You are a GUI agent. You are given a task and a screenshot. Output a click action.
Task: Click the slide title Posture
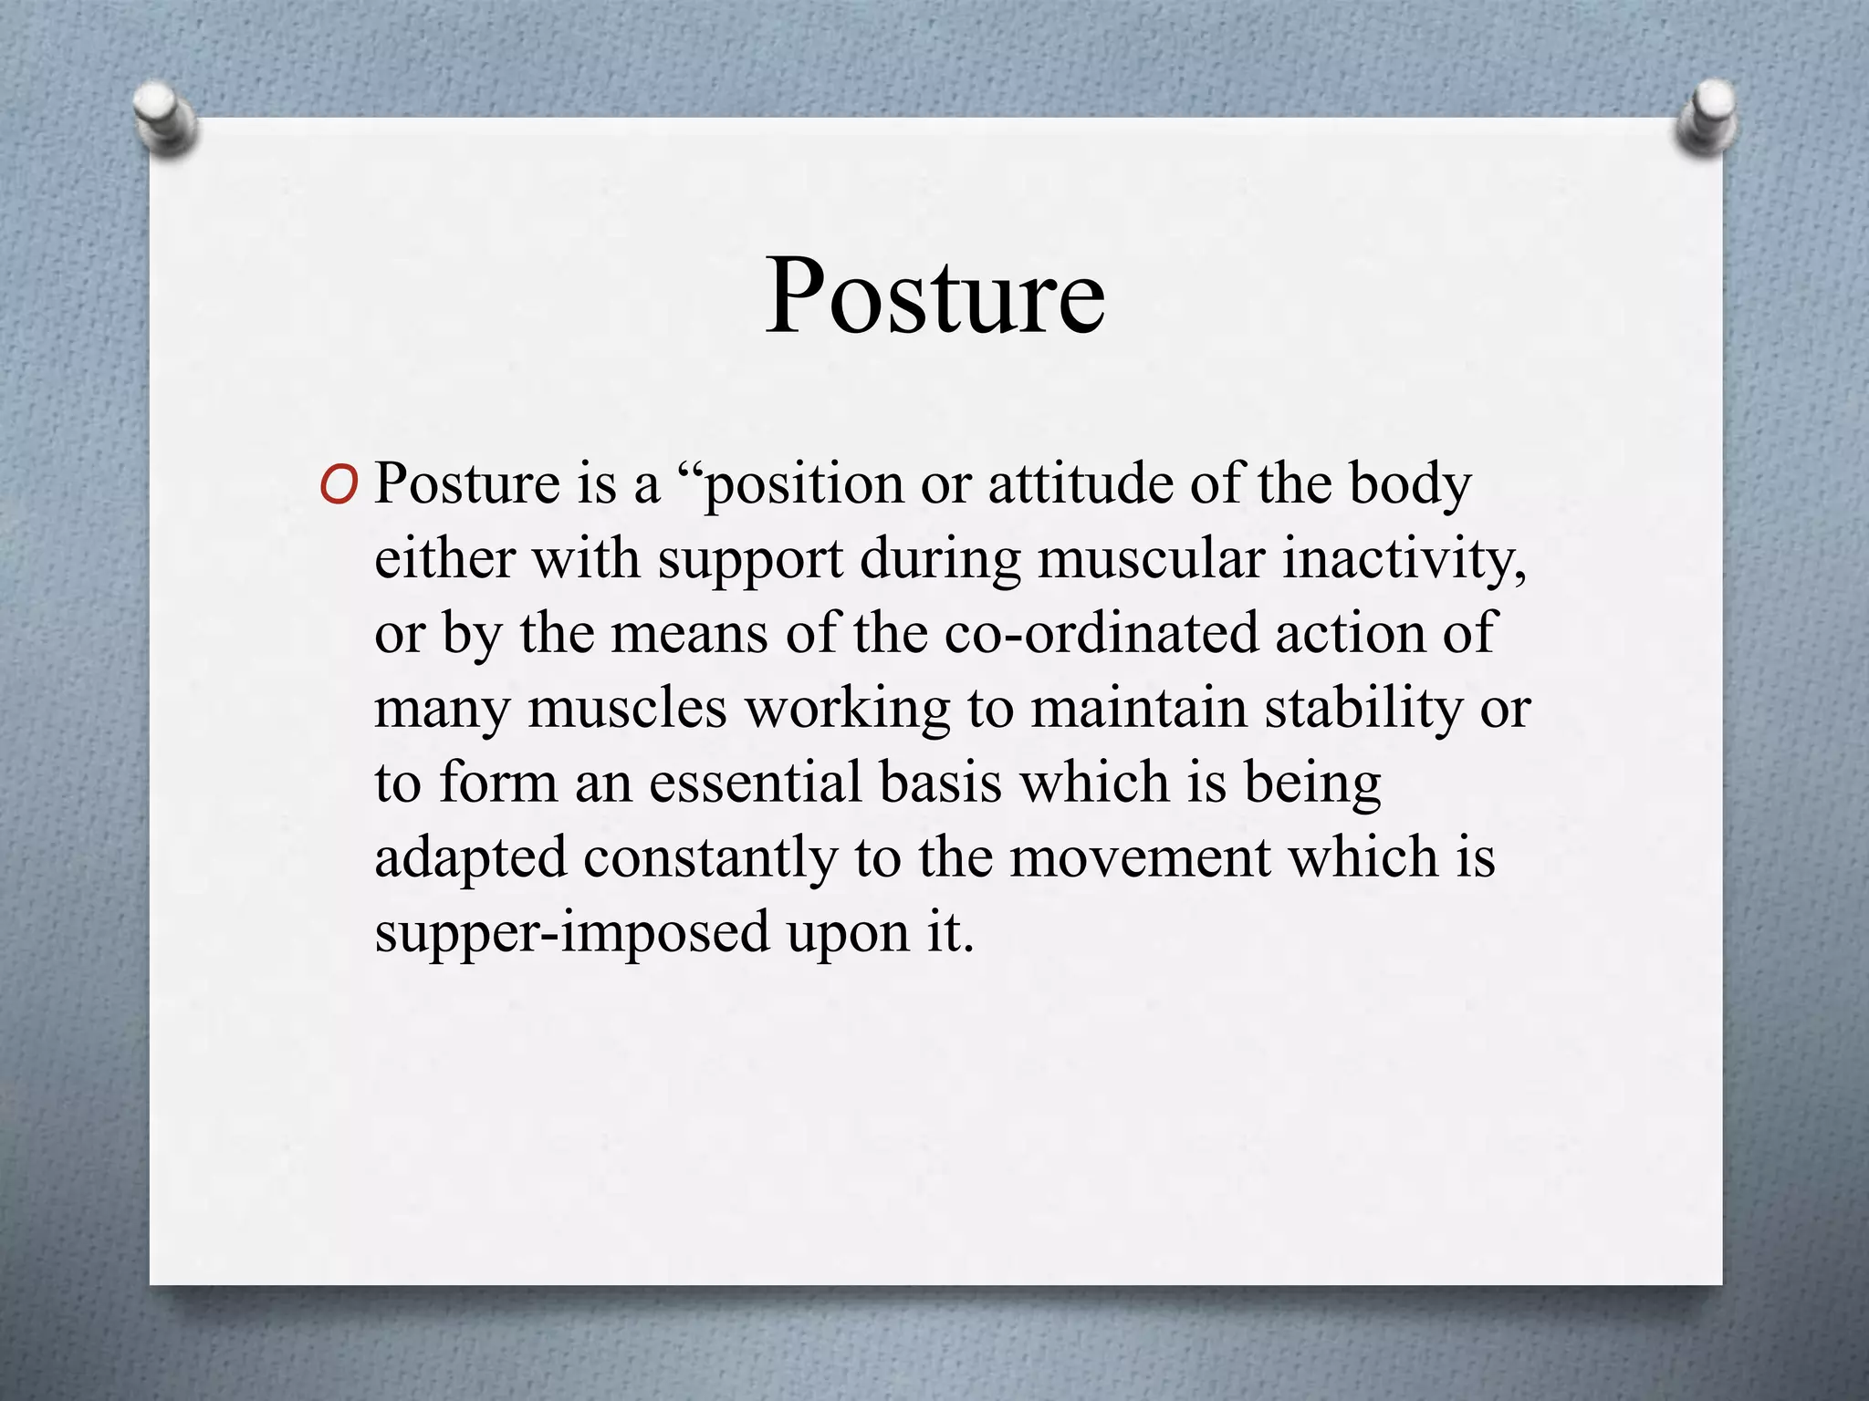[934, 296]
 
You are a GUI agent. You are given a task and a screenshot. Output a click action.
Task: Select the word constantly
[710, 858]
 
